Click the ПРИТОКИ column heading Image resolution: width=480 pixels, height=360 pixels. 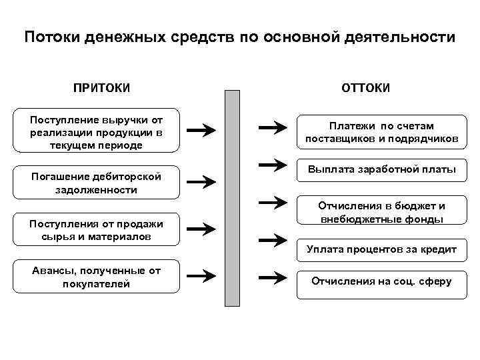101,88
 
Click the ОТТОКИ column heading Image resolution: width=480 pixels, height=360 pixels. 365,88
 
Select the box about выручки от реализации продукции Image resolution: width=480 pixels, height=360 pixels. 96,132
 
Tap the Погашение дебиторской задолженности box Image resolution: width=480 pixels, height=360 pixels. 96,182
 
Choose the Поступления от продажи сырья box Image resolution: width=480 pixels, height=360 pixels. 96,229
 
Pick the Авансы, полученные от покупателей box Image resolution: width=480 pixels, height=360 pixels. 96,277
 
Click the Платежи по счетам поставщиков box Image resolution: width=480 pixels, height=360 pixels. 381,132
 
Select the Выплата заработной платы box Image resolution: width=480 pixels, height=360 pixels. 381,170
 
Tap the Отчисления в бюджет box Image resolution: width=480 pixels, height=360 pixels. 381,212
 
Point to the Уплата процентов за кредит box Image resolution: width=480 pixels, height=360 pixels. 381,249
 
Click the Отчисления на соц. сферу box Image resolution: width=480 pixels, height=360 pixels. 381,281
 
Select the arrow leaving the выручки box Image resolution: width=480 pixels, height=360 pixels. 201,129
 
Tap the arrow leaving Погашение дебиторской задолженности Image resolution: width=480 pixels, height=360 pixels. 201,181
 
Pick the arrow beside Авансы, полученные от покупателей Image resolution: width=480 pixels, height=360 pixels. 201,275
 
